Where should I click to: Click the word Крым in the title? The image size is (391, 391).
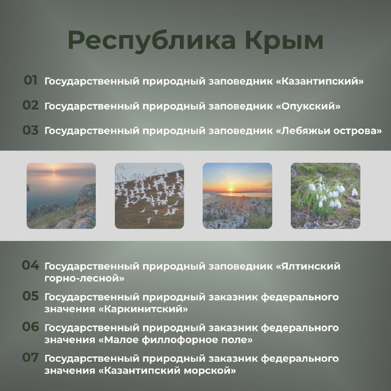[284, 41]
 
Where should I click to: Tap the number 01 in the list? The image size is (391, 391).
[30, 80]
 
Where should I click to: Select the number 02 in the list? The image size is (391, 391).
[31, 105]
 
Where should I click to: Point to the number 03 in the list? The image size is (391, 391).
[31, 130]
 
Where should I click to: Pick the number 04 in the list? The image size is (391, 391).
[30, 265]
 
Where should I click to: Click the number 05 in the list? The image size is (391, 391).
[30, 296]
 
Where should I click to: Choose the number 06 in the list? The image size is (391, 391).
[30, 326]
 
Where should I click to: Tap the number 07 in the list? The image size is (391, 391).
[30, 358]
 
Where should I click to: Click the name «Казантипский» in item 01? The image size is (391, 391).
[320, 81]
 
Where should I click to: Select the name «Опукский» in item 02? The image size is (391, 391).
[308, 107]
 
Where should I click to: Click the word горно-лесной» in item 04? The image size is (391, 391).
[84, 278]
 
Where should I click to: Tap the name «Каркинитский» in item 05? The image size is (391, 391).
[143, 309]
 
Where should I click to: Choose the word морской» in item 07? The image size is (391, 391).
[210, 371]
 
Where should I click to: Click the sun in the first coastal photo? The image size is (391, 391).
[54, 171]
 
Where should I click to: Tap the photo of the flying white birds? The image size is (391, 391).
[150, 196]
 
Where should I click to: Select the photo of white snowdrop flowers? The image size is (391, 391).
[326, 196]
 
